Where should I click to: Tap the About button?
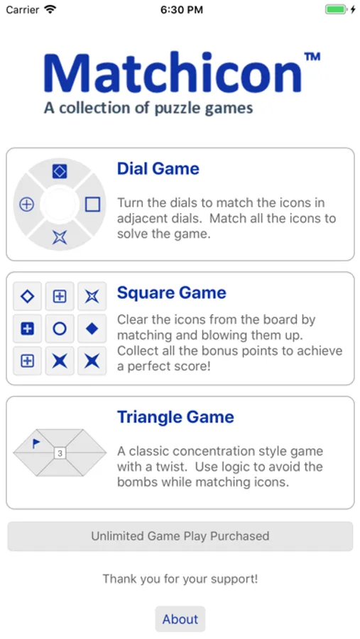(x=180, y=619)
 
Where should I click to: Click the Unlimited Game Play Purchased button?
(x=180, y=536)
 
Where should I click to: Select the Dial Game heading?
(x=158, y=168)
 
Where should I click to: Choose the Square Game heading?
(x=171, y=293)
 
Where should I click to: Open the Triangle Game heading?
(x=175, y=417)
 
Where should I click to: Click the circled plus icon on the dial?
(x=26, y=204)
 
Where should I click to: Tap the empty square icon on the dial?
(x=93, y=204)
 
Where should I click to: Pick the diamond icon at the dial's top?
(x=60, y=171)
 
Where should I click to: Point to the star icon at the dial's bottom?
(x=60, y=238)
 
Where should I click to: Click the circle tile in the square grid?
(x=60, y=329)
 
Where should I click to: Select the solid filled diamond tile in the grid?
(x=92, y=329)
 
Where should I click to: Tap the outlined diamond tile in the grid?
(x=27, y=296)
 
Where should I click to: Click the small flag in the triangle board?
(x=36, y=443)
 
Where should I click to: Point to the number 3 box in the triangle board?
(x=60, y=453)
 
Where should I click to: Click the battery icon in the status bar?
(x=336, y=10)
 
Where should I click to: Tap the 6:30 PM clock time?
(x=181, y=10)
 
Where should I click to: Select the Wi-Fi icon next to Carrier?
(x=50, y=10)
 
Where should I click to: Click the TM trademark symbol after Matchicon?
(x=312, y=57)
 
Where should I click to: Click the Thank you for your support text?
(x=180, y=579)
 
